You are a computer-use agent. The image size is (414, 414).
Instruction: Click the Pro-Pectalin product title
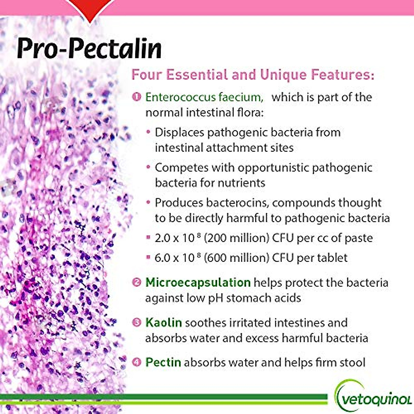(89, 48)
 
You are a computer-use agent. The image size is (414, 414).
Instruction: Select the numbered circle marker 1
(137, 97)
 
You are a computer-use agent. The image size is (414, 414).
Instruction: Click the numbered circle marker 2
(137, 282)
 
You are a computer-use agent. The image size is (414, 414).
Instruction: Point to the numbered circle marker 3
(137, 322)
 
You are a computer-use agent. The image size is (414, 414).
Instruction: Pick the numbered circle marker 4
(137, 362)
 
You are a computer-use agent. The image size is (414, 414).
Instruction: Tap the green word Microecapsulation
(198, 282)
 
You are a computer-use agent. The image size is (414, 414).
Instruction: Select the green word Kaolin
(164, 323)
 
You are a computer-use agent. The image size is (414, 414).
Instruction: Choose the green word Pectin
(163, 362)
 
